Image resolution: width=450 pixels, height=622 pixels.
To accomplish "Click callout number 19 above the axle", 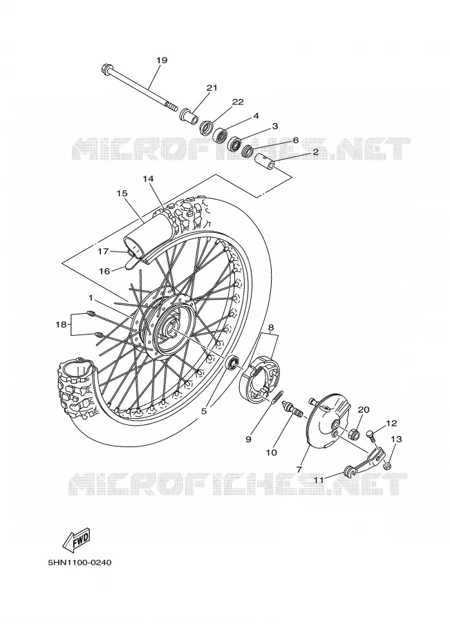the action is [x=162, y=60].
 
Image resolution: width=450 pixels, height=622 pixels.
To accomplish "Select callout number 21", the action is [x=212, y=87].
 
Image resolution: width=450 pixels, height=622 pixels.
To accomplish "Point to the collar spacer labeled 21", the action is [x=189, y=115].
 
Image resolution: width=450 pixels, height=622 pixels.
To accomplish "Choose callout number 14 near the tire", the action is [x=148, y=179].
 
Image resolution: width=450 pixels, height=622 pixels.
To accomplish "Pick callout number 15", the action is [x=122, y=194].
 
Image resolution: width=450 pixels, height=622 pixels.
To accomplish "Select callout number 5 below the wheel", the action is [x=204, y=411].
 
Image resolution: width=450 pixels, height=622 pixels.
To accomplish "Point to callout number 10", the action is [x=272, y=452].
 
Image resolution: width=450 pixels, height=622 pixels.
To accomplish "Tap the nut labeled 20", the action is [x=355, y=434].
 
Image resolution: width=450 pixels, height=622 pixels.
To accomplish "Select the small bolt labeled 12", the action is [x=371, y=435].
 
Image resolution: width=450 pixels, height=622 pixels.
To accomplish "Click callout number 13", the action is [x=396, y=439].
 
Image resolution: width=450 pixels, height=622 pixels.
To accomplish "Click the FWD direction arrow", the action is [x=77, y=540].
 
